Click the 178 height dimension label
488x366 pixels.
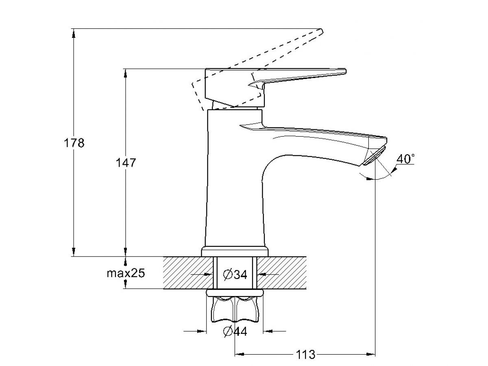74,143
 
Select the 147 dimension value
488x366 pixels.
126,163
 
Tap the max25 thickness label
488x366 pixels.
126,273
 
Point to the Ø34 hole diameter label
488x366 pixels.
235,274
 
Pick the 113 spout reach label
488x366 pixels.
305,355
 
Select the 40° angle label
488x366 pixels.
405,159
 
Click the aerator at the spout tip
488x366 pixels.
374,155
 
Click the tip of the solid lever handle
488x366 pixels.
345,71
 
